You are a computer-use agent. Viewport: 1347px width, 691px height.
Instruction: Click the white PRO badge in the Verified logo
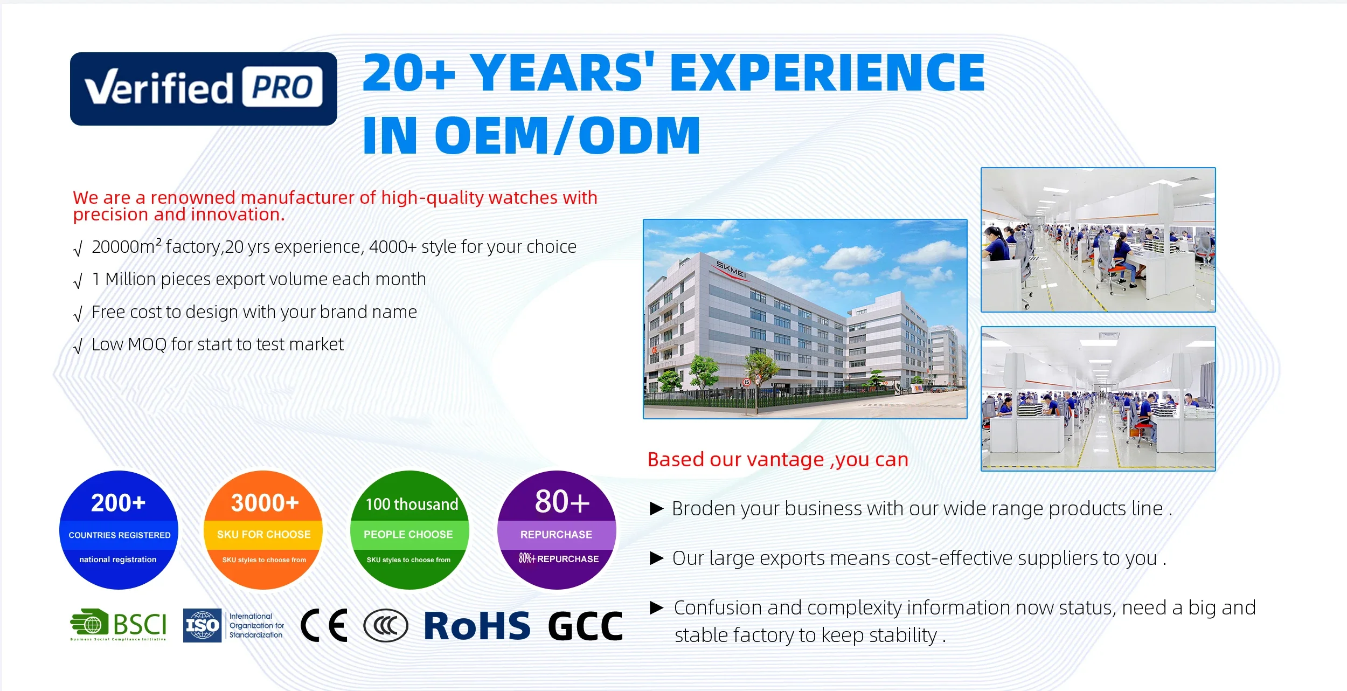[282, 87]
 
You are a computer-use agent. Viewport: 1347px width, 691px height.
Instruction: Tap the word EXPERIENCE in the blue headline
[827, 73]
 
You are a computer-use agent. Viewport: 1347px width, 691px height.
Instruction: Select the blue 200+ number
[118, 503]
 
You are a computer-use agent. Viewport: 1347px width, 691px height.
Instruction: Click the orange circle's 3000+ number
[265, 503]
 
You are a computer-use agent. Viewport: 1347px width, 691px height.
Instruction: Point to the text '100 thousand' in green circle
[412, 505]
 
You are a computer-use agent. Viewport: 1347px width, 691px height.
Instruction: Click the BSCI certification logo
[119, 625]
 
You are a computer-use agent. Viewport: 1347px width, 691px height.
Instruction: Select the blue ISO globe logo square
[202, 625]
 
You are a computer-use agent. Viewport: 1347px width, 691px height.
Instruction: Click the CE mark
[323, 625]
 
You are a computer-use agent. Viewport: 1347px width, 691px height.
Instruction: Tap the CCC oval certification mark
[386, 626]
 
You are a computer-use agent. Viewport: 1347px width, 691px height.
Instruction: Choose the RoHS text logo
[477, 626]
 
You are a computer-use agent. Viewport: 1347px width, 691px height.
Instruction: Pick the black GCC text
[585, 626]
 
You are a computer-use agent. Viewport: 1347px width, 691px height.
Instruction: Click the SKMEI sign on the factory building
[731, 270]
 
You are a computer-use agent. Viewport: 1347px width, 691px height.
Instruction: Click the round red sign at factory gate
[746, 382]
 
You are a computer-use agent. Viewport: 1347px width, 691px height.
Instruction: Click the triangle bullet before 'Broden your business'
[657, 508]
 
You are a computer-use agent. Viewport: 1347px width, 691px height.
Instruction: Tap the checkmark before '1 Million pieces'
[78, 281]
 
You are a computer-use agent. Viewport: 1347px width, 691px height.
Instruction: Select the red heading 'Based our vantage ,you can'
[778, 460]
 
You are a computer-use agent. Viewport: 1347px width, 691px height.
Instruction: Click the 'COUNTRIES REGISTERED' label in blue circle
[120, 535]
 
